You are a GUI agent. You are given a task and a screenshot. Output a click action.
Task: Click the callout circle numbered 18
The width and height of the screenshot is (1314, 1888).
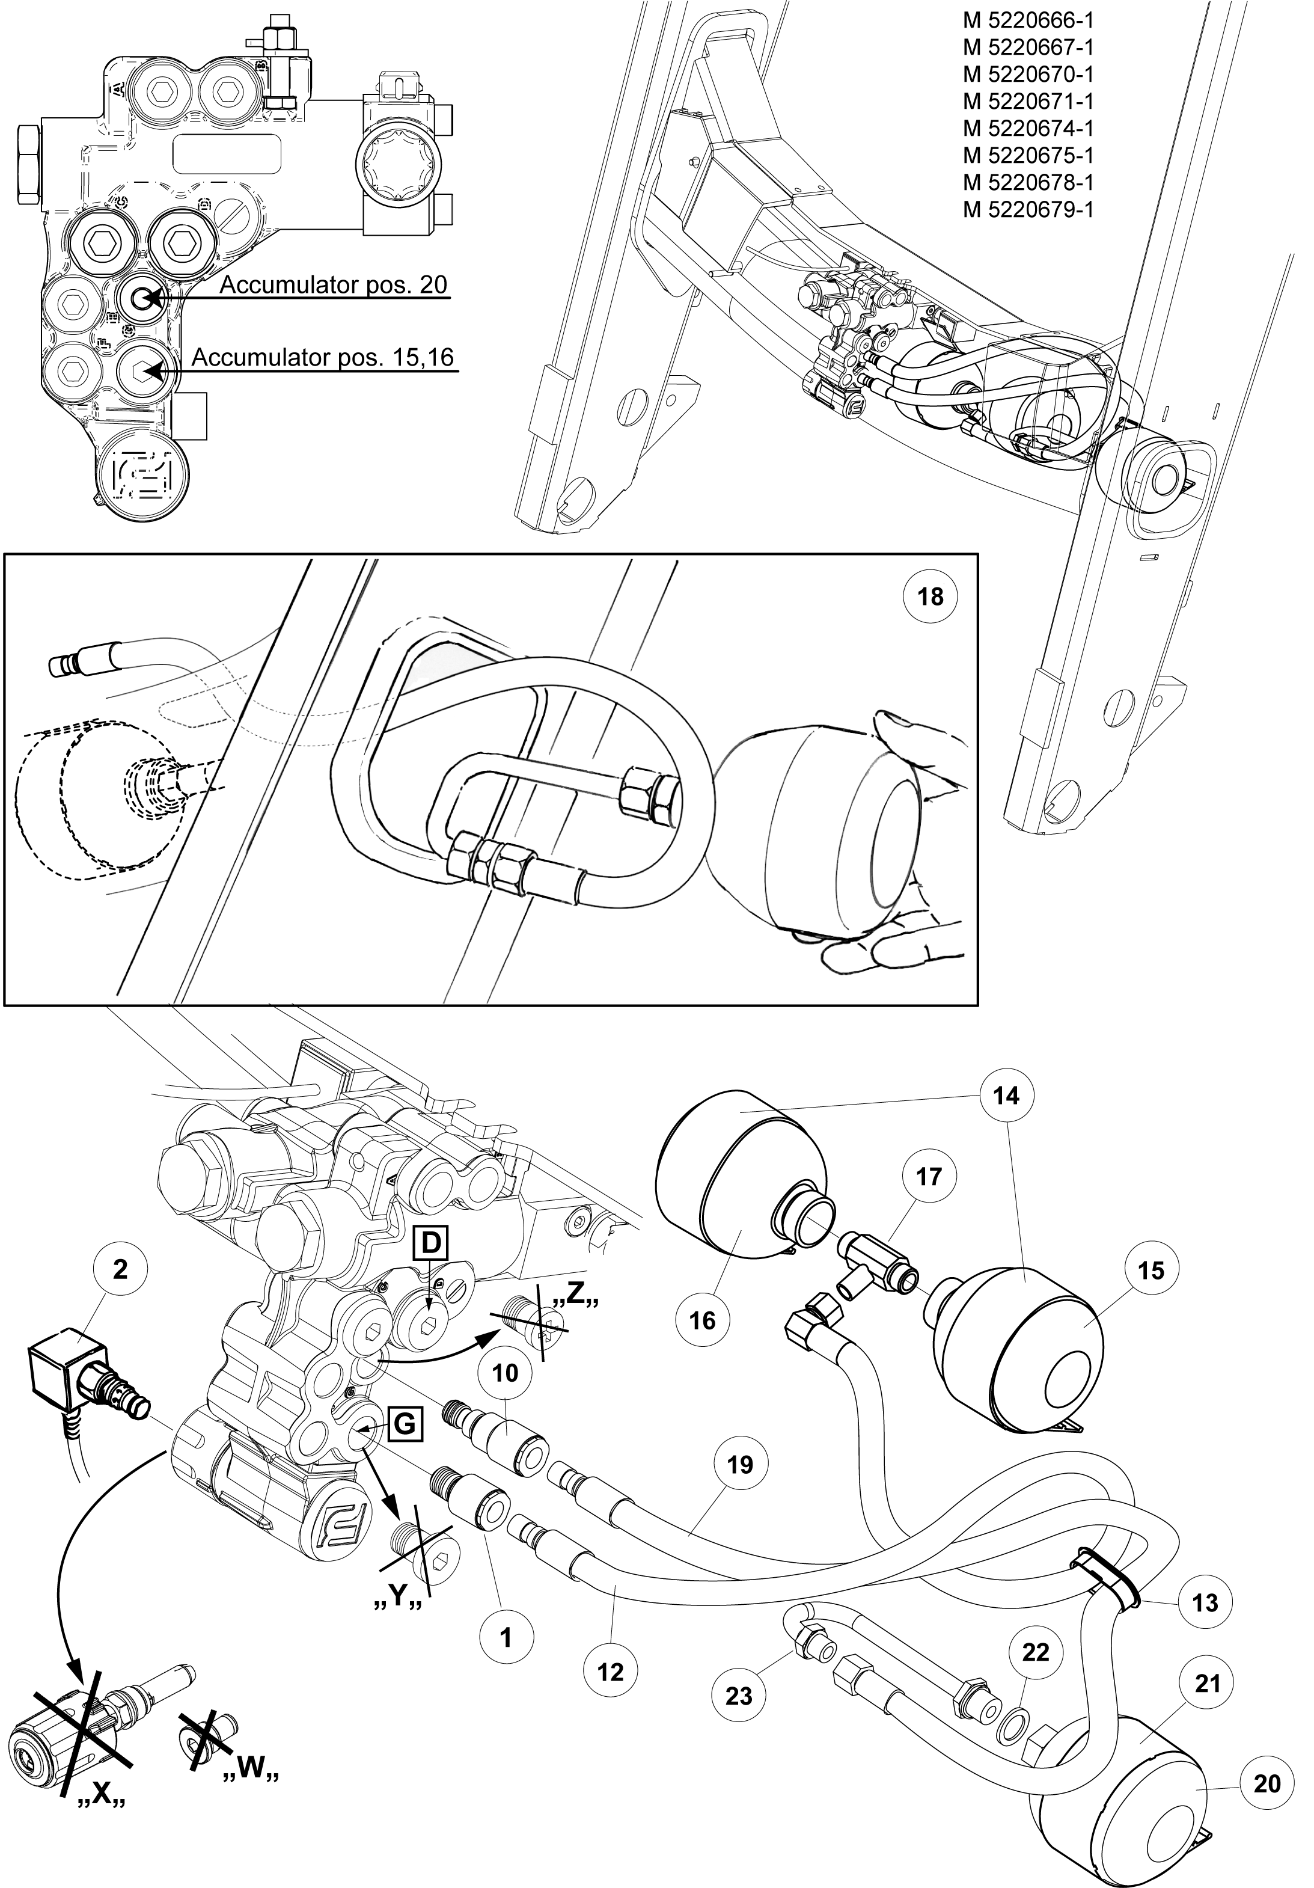click(930, 596)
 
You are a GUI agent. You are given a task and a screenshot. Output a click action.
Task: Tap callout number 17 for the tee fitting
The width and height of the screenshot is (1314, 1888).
click(928, 1176)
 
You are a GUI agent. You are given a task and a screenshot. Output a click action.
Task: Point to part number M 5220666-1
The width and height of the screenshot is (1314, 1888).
click(1028, 20)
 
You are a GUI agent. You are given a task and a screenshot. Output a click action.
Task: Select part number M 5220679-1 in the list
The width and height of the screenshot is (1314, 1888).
click(1028, 209)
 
